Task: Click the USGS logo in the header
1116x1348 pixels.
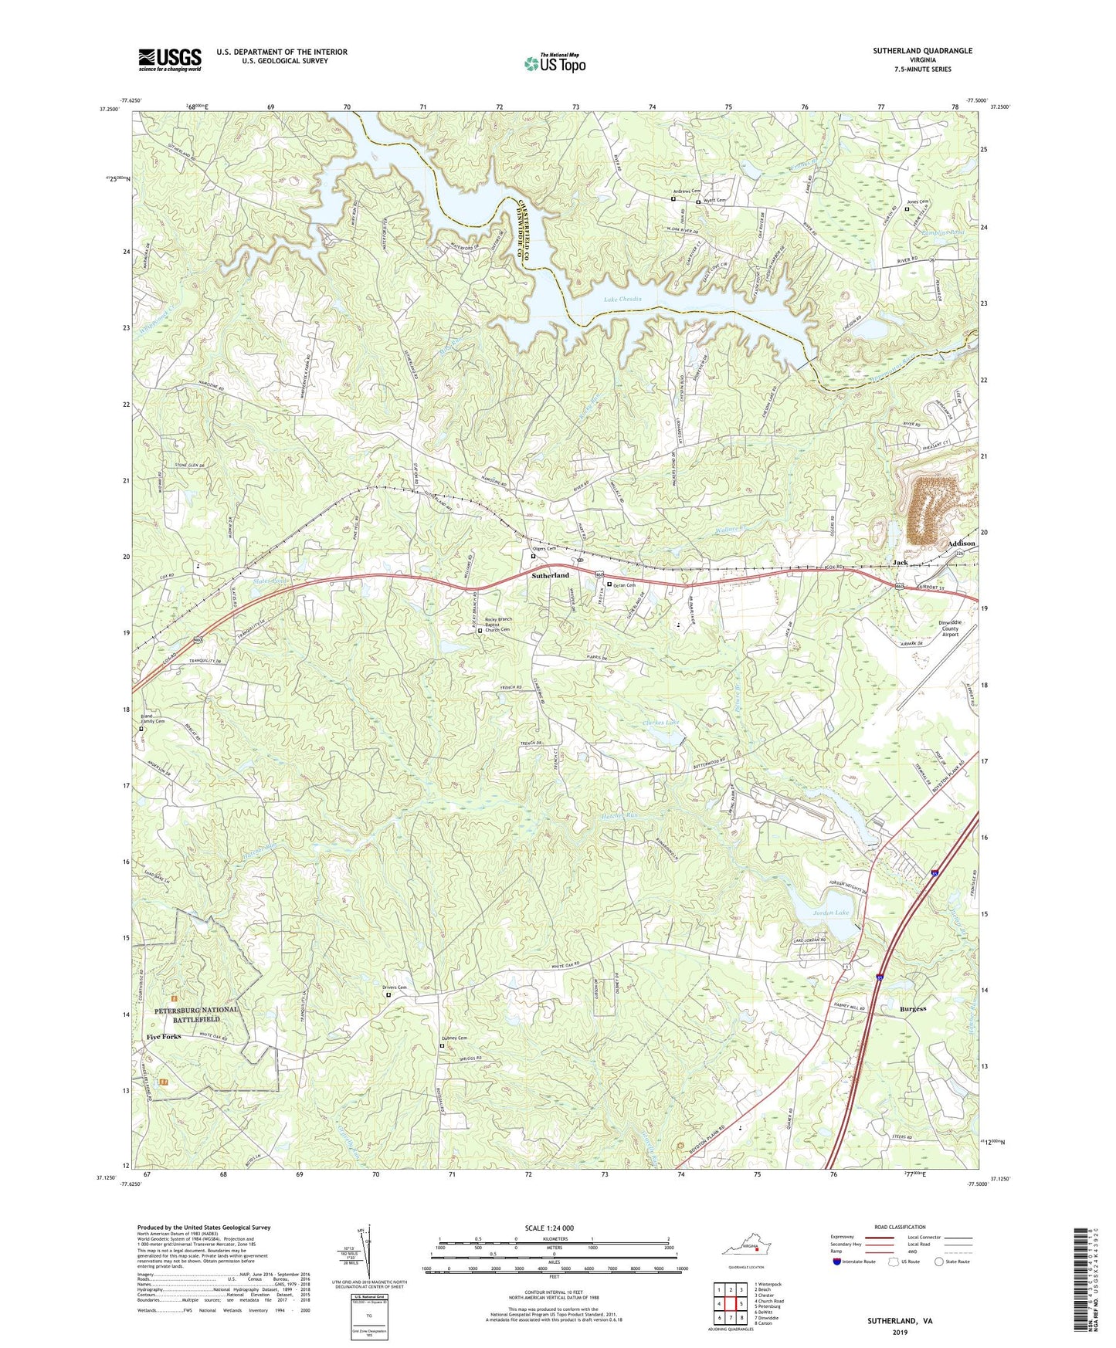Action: click(x=170, y=59)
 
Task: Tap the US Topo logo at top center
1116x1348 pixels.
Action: click(x=555, y=63)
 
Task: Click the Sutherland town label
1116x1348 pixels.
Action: click(x=550, y=575)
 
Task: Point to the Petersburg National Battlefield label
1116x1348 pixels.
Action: click(x=196, y=1014)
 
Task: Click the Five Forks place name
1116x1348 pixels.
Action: click(x=164, y=1036)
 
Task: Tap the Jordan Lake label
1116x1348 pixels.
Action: click(x=831, y=913)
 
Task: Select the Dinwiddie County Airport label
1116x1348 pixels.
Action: click(x=949, y=628)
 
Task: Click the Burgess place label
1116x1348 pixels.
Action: click(x=913, y=1008)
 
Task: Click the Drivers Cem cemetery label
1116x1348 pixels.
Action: click(x=394, y=987)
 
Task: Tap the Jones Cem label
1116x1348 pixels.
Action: click(x=918, y=202)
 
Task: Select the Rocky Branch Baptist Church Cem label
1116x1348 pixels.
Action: click(x=497, y=625)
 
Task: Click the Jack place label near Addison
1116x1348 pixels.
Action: click(x=900, y=563)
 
